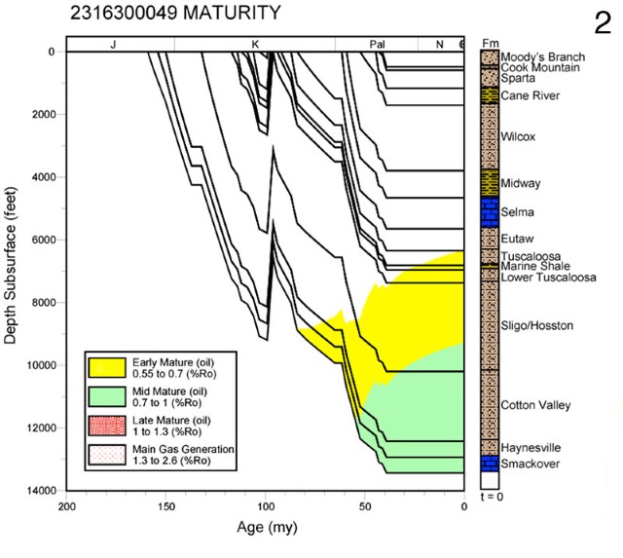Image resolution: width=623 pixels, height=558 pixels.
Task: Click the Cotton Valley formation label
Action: [535, 405]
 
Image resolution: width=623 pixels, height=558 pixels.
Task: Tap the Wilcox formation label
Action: [519, 137]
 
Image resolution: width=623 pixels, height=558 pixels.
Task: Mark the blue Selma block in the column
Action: [489, 211]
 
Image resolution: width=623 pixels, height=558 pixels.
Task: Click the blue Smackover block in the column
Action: [489, 465]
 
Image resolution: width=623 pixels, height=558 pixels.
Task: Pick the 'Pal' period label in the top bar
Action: [378, 45]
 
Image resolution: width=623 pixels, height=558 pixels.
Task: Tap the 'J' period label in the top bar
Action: [113, 45]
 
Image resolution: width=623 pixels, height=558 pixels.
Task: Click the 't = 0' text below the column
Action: [490, 497]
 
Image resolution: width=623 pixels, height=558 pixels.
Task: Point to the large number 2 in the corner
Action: [602, 22]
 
